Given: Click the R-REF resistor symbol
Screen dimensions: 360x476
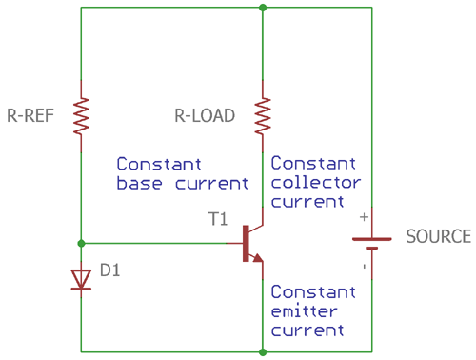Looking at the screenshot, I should [x=81, y=116].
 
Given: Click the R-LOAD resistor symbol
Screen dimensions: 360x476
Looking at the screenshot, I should [x=262, y=116].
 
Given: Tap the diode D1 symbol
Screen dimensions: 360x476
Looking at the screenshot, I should [x=81, y=277].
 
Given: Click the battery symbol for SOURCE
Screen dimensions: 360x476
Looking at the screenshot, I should [x=371, y=242].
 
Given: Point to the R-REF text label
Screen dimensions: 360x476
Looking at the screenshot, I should [x=31, y=116].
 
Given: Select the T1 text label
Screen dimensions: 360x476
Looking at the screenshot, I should [x=219, y=219].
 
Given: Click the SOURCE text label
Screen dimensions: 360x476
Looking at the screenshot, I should [x=438, y=236].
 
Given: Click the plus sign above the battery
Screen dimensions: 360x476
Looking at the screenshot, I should [x=363, y=217].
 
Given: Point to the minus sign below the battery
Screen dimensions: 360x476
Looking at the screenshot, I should [x=363, y=267].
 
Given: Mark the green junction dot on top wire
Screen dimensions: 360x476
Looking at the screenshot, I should [x=262, y=8].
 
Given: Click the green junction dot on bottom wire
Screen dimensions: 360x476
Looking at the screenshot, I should [x=262, y=351].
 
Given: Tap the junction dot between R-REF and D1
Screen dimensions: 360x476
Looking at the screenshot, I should [x=81, y=243].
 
